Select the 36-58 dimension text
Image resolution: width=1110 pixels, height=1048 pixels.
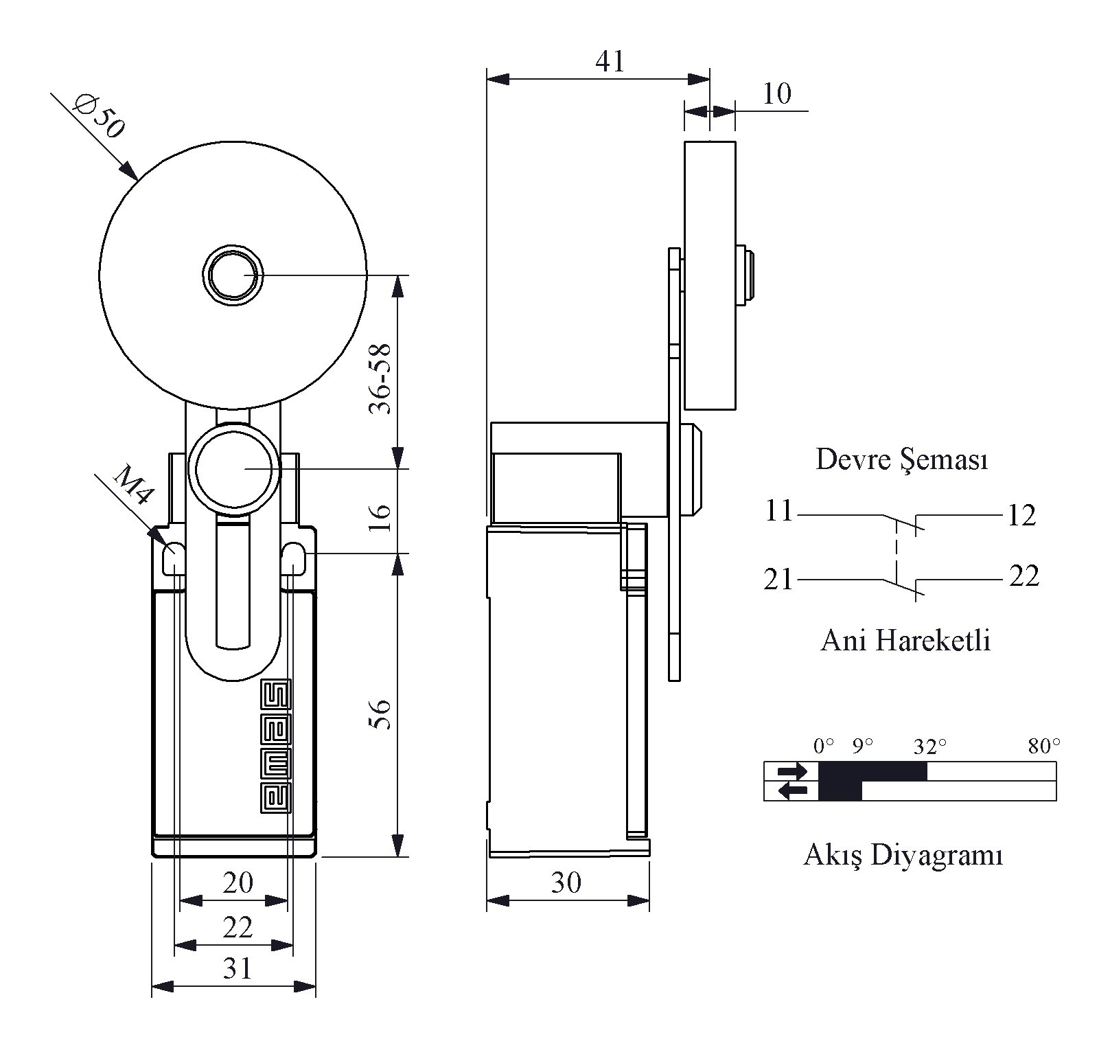click(380, 378)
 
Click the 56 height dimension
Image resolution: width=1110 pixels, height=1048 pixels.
click(380, 714)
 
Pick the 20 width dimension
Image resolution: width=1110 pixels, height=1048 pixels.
click(238, 882)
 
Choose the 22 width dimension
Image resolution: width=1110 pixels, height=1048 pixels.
click(238, 928)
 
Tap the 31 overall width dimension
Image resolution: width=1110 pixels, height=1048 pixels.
click(238, 968)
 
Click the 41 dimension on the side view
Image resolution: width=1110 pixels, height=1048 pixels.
click(610, 62)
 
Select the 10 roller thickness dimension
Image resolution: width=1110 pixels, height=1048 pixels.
click(776, 93)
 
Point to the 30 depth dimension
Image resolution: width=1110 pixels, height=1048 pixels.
click(566, 882)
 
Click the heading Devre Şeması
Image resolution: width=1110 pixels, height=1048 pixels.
click(901, 459)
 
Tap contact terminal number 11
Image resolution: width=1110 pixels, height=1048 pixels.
click(779, 511)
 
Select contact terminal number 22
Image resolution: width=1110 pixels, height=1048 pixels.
click(1024, 576)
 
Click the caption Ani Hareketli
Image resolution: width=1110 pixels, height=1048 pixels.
click(905, 641)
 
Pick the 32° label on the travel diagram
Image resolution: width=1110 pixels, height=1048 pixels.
click(930, 747)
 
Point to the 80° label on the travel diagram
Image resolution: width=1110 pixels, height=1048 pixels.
click(1044, 747)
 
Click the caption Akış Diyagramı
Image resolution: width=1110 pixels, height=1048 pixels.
click(903, 856)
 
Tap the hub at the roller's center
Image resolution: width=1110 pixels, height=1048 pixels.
click(233, 275)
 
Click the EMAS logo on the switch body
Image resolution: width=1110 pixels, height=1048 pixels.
click(275, 747)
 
